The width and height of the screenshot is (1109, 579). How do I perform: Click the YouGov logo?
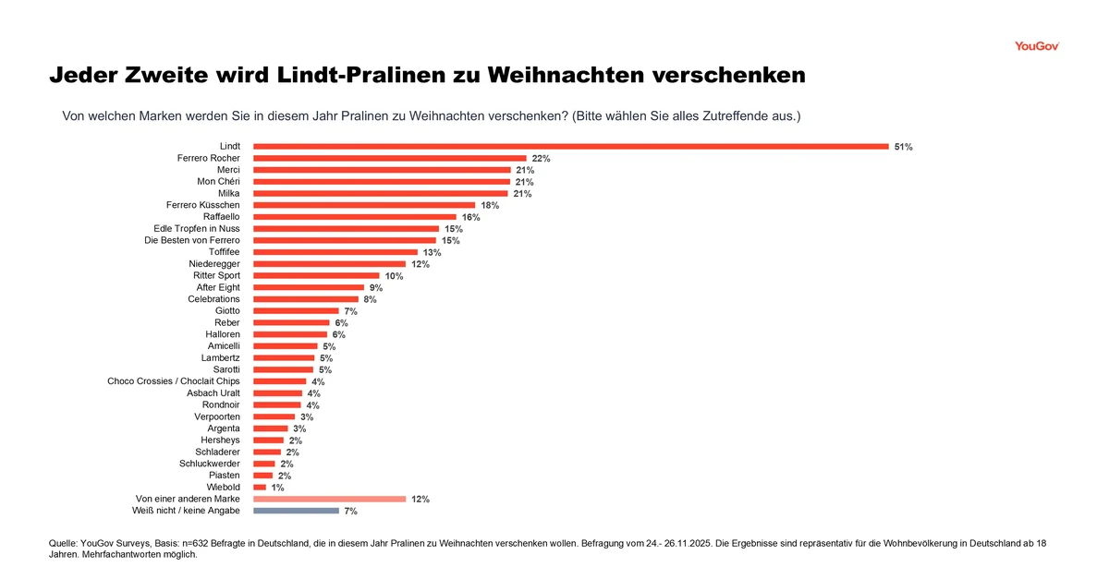pos(1036,45)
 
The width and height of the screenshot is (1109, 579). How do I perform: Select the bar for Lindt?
pos(570,146)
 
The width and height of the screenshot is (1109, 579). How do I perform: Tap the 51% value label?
pos(903,147)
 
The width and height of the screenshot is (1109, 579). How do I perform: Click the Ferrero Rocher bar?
pos(389,158)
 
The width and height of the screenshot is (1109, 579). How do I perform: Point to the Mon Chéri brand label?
pos(218,182)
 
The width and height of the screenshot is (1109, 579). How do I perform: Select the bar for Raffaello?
pos(354,217)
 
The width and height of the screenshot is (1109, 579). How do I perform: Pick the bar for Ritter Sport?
pos(316,275)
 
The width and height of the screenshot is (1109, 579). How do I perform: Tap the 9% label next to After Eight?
pos(375,288)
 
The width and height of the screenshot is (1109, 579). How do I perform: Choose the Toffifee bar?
pos(335,252)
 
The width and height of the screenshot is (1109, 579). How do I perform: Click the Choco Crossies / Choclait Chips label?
pos(174,381)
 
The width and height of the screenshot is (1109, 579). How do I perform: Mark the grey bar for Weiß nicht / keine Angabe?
pos(296,511)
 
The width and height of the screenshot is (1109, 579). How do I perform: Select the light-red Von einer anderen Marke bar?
pos(329,499)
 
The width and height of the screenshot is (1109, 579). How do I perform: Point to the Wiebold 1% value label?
pos(277,488)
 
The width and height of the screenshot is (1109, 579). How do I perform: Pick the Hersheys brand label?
pos(220,440)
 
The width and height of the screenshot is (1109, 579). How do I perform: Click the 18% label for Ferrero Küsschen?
pos(490,206)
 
